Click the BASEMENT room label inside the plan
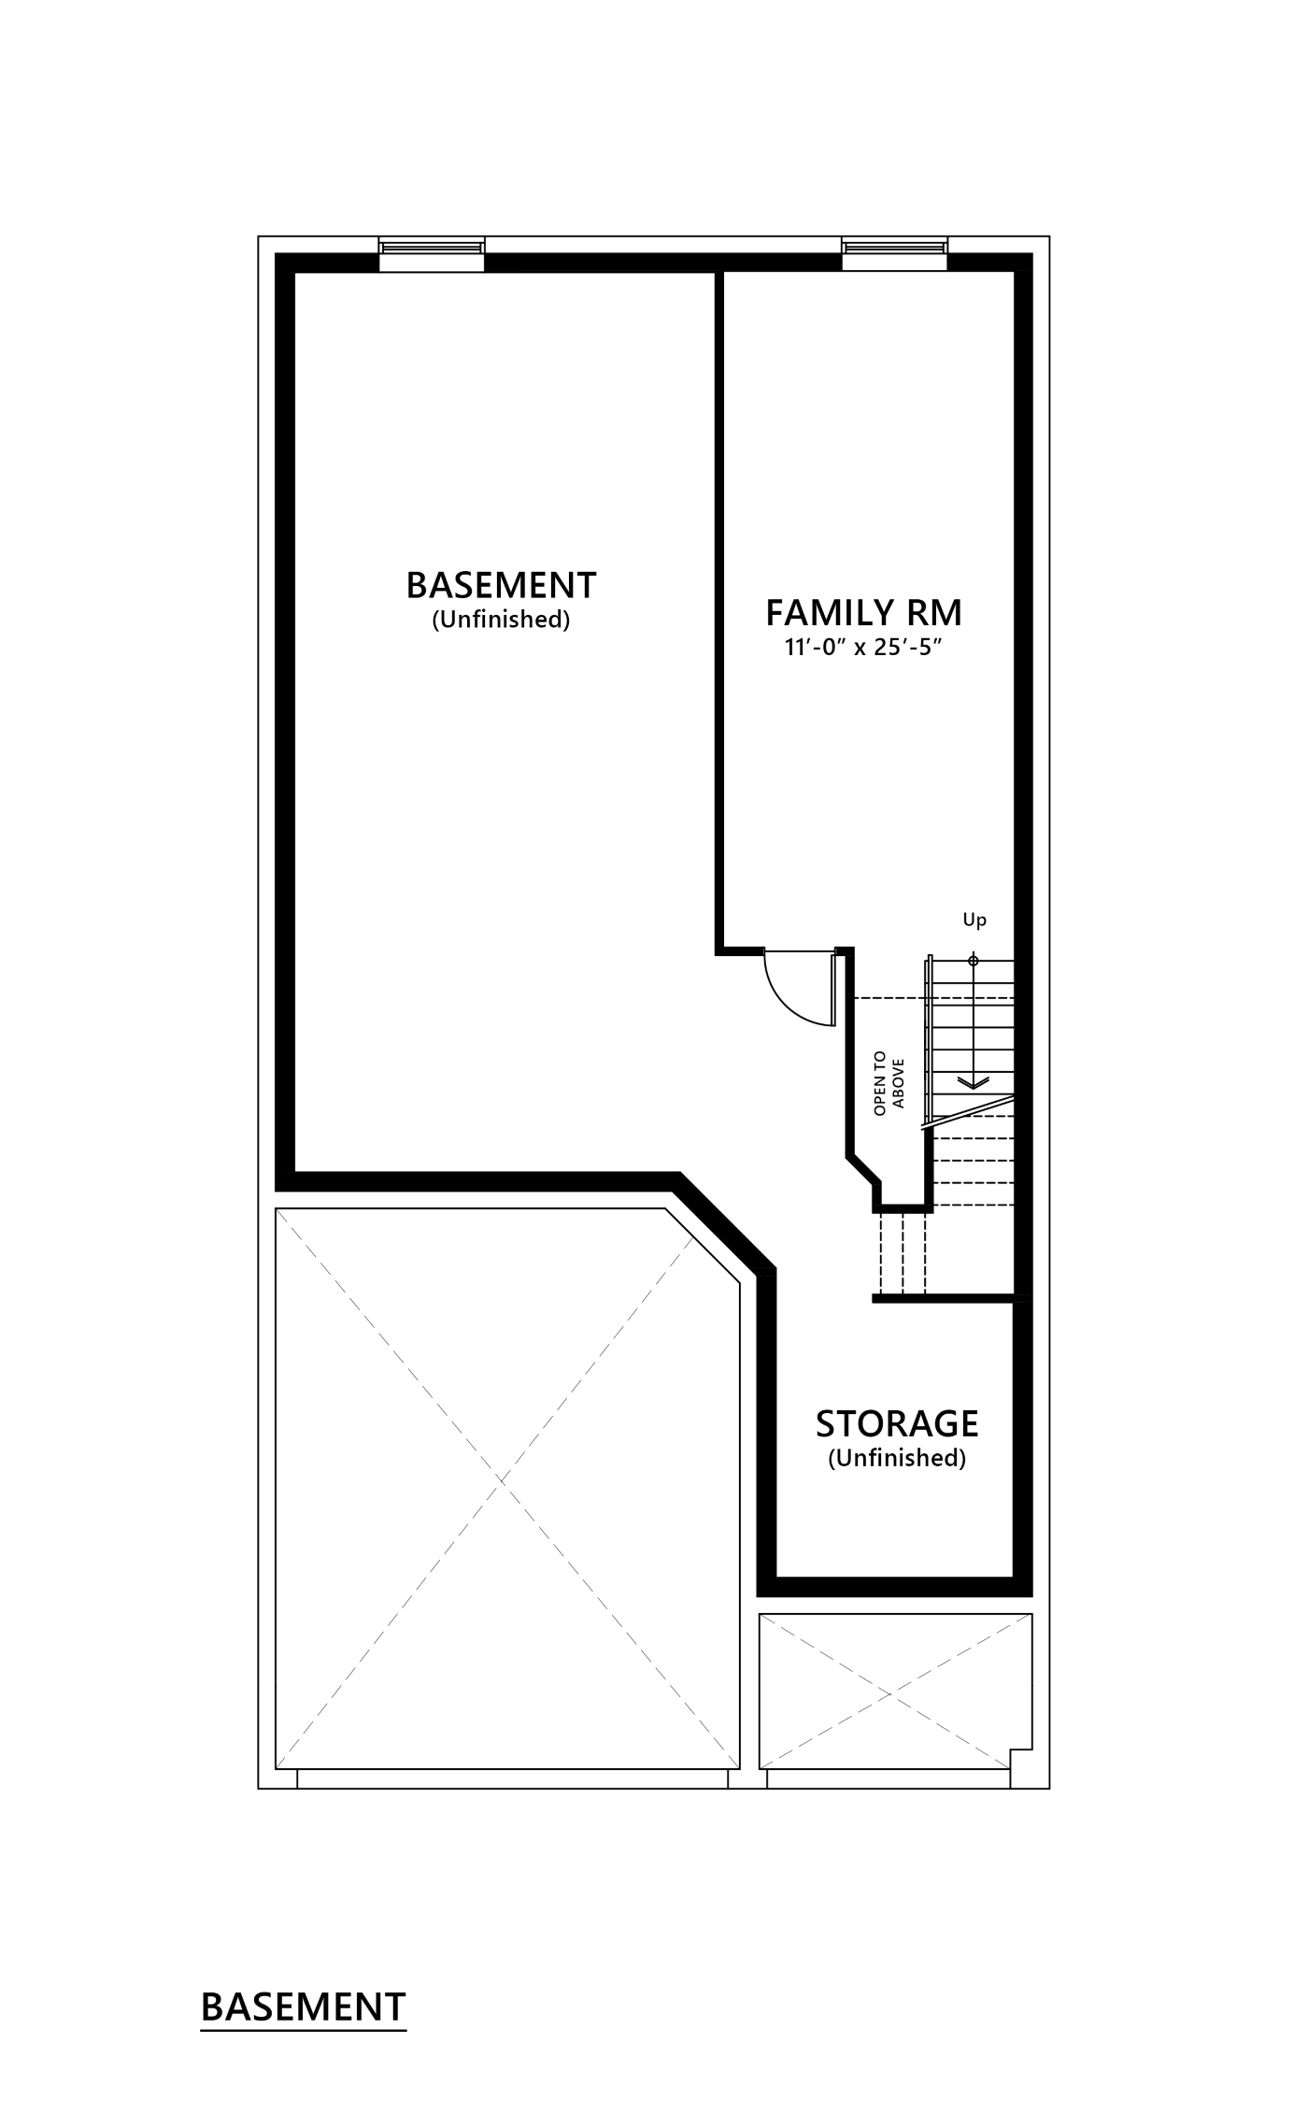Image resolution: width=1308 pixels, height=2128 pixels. (x=501, y=585)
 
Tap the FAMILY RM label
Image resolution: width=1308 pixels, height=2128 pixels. (x=864, y=613)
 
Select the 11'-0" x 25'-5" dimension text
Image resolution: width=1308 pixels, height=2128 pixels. (x=860, y=647)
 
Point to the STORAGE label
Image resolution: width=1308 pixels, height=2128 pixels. (x=897, y=1423)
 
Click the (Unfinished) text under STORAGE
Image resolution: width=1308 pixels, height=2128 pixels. (x=897, y=1458)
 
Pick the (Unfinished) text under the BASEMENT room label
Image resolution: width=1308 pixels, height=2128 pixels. (x=501, y=620)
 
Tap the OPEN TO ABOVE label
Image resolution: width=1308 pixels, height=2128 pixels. (x=889, y=1083)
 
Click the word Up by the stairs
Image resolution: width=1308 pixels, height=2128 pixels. (x=974, y=921)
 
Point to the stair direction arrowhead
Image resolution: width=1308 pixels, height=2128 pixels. (x=974, y=1082)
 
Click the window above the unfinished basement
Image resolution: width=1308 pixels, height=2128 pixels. (x=432, y=254)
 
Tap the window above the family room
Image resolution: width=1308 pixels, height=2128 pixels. (x=894, y=254)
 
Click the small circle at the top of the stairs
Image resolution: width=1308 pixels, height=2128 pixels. (x=974, y=961)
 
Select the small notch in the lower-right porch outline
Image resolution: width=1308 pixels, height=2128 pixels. (x=1021, y=1756)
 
